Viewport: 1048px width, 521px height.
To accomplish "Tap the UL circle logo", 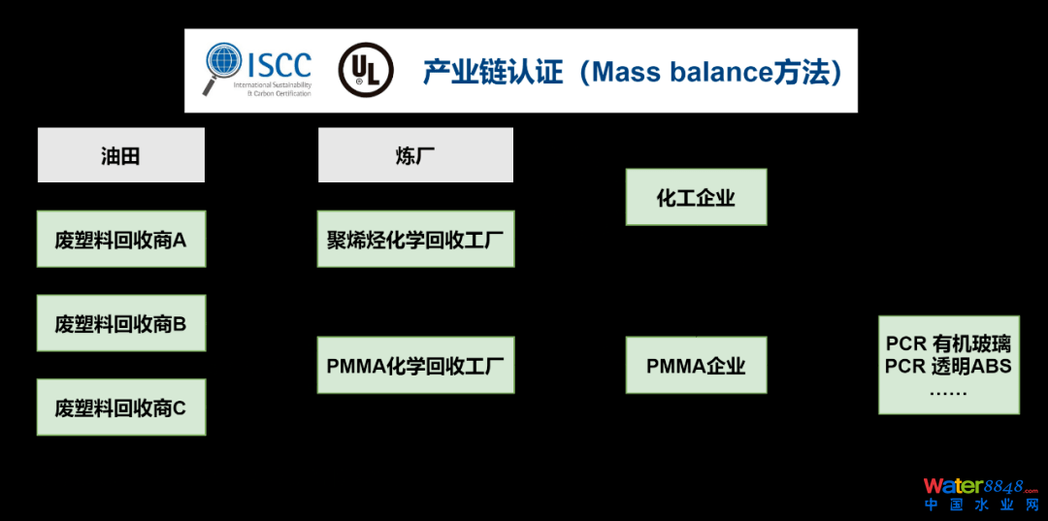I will [x=365, y=70].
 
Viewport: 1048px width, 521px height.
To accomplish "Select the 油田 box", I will [x=121, y=155].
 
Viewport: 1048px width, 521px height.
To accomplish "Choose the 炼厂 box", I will [x=415, y=155].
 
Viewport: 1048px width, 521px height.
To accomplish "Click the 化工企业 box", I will [x=696, y=197].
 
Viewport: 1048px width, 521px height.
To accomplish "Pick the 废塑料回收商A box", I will [x=121, y=239].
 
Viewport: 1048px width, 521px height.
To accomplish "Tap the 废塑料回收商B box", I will [x=121, y=323].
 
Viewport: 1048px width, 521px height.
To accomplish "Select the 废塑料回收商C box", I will [x=121, y=407].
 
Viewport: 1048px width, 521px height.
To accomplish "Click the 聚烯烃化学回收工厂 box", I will [x=415, y=239].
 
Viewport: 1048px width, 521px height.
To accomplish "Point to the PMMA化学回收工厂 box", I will [x=415, y=365].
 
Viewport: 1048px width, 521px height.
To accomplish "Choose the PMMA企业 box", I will [x=696, y=365].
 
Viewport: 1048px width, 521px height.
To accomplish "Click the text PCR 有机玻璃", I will [x=948, y=343].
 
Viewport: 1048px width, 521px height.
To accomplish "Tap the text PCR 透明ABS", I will [x=948, y=366].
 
